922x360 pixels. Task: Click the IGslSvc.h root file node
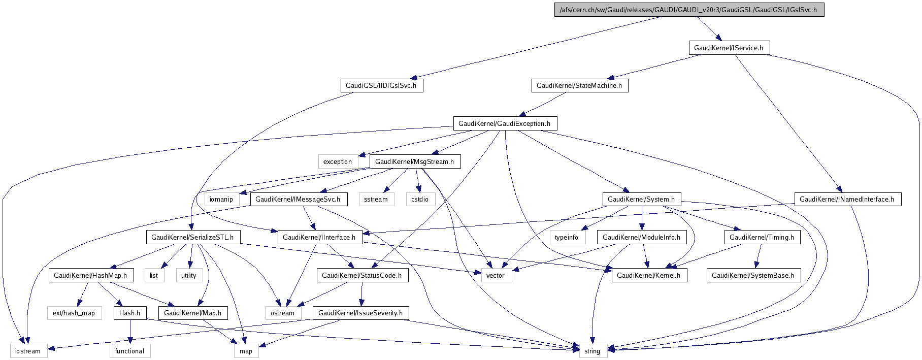[688, 10]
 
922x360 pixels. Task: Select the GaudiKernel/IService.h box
[728, 48]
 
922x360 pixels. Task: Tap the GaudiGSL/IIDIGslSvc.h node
[381, 85]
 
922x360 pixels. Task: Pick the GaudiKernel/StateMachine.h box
[579, 85]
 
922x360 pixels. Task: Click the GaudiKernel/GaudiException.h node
[504, 123]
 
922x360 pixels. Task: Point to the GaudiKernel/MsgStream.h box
[414, 161]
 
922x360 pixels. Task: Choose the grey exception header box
[337, 161]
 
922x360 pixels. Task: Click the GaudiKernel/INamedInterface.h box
[846, 199]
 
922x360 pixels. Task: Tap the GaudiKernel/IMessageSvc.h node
[298, 199]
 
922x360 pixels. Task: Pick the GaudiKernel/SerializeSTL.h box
[192, 237]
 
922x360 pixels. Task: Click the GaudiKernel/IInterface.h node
[319, 237]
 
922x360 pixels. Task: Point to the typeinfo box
[566, 237]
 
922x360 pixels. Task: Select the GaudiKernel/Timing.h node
[762, 237]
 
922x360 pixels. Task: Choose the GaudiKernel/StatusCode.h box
[361, 275]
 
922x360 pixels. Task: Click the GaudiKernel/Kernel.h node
[648, 275]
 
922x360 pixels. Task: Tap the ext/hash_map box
[74, 313]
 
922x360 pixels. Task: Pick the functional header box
[129, 351]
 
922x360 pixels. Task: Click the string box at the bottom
[592, 351]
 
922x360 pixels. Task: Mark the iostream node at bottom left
[28, 351]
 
